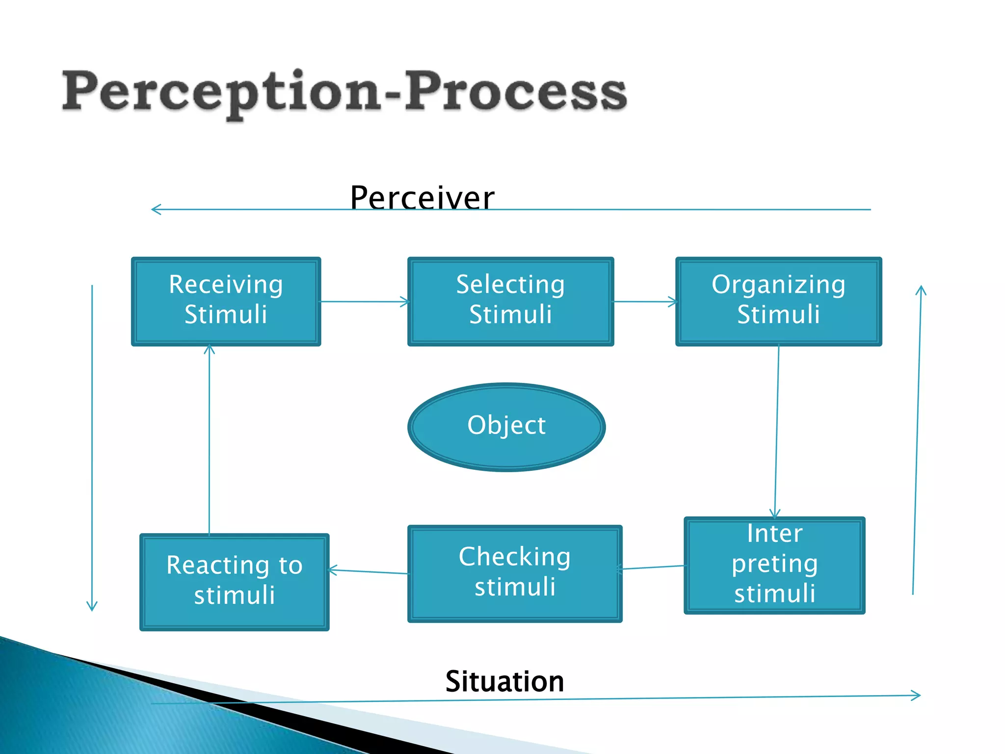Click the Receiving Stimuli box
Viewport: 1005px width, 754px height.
(x=226, y=301)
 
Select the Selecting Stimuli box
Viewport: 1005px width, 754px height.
(x=510, y=301)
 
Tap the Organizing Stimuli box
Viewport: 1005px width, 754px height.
(x=778, y=301)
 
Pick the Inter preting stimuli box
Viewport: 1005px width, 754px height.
(x=774, y=565)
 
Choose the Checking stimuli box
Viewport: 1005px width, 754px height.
(x=514, y=573)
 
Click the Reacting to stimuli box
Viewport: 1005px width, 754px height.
(x=234, y=582)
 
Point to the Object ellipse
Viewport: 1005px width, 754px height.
(x=506, y=427)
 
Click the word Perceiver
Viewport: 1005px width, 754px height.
(x=422, y=197)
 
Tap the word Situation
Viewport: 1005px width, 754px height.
(x=504, y=681)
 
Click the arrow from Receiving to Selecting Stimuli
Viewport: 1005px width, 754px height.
(x=364, y=301)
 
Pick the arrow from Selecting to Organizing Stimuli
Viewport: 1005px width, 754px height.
(x=645, y=301)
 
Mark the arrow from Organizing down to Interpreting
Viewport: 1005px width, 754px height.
(x=777, y=432)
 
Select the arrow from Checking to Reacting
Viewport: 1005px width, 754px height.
(x=368, y=571)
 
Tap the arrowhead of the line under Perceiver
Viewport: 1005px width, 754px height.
(x=156, y=210)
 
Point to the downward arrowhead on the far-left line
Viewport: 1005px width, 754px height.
(x=92, y=606)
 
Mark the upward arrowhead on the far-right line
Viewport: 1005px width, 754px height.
(x=921, y=291)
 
